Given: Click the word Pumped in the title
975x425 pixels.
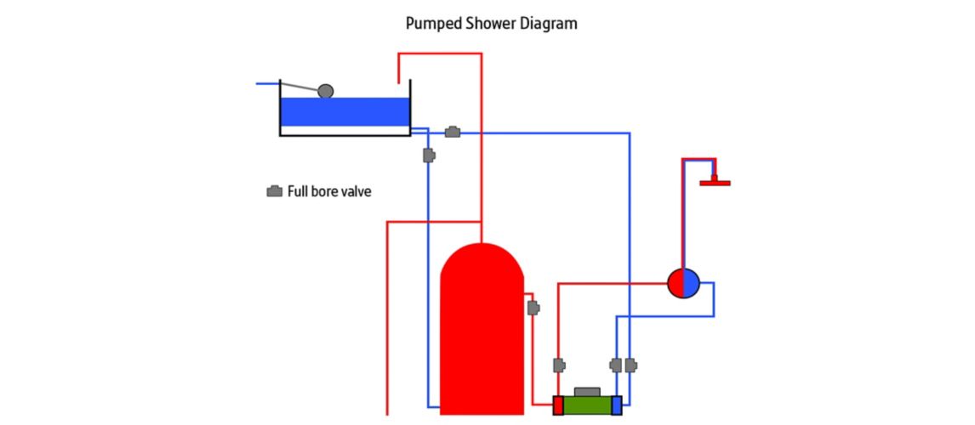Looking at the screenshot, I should [435, 24].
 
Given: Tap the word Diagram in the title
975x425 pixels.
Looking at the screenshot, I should [550, 24].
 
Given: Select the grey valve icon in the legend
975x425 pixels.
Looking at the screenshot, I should [275, 191].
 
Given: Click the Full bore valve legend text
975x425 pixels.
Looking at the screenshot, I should [329, 192].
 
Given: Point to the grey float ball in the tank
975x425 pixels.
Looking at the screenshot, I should [325, 91].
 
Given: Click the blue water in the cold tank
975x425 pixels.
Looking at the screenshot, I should [345, 111].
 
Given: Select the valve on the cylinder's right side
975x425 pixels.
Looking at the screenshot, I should [533, 308].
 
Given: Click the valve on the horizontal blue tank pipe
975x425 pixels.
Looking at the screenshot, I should [453, 132].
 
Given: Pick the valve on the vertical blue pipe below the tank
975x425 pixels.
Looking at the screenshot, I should [429, 156].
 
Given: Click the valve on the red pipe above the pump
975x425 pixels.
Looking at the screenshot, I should [559, 365].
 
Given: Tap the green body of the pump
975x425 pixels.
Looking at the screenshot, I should [587, 405].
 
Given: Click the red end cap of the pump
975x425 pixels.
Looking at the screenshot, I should [558, 405].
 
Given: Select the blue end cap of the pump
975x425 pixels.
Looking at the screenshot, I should [617, 405].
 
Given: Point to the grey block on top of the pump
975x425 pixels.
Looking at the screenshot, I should [587, 391].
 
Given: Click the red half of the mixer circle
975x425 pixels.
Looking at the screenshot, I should [676, 282].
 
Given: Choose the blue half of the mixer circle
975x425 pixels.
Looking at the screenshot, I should [691, 282].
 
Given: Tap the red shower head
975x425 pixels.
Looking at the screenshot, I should [715, 181].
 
